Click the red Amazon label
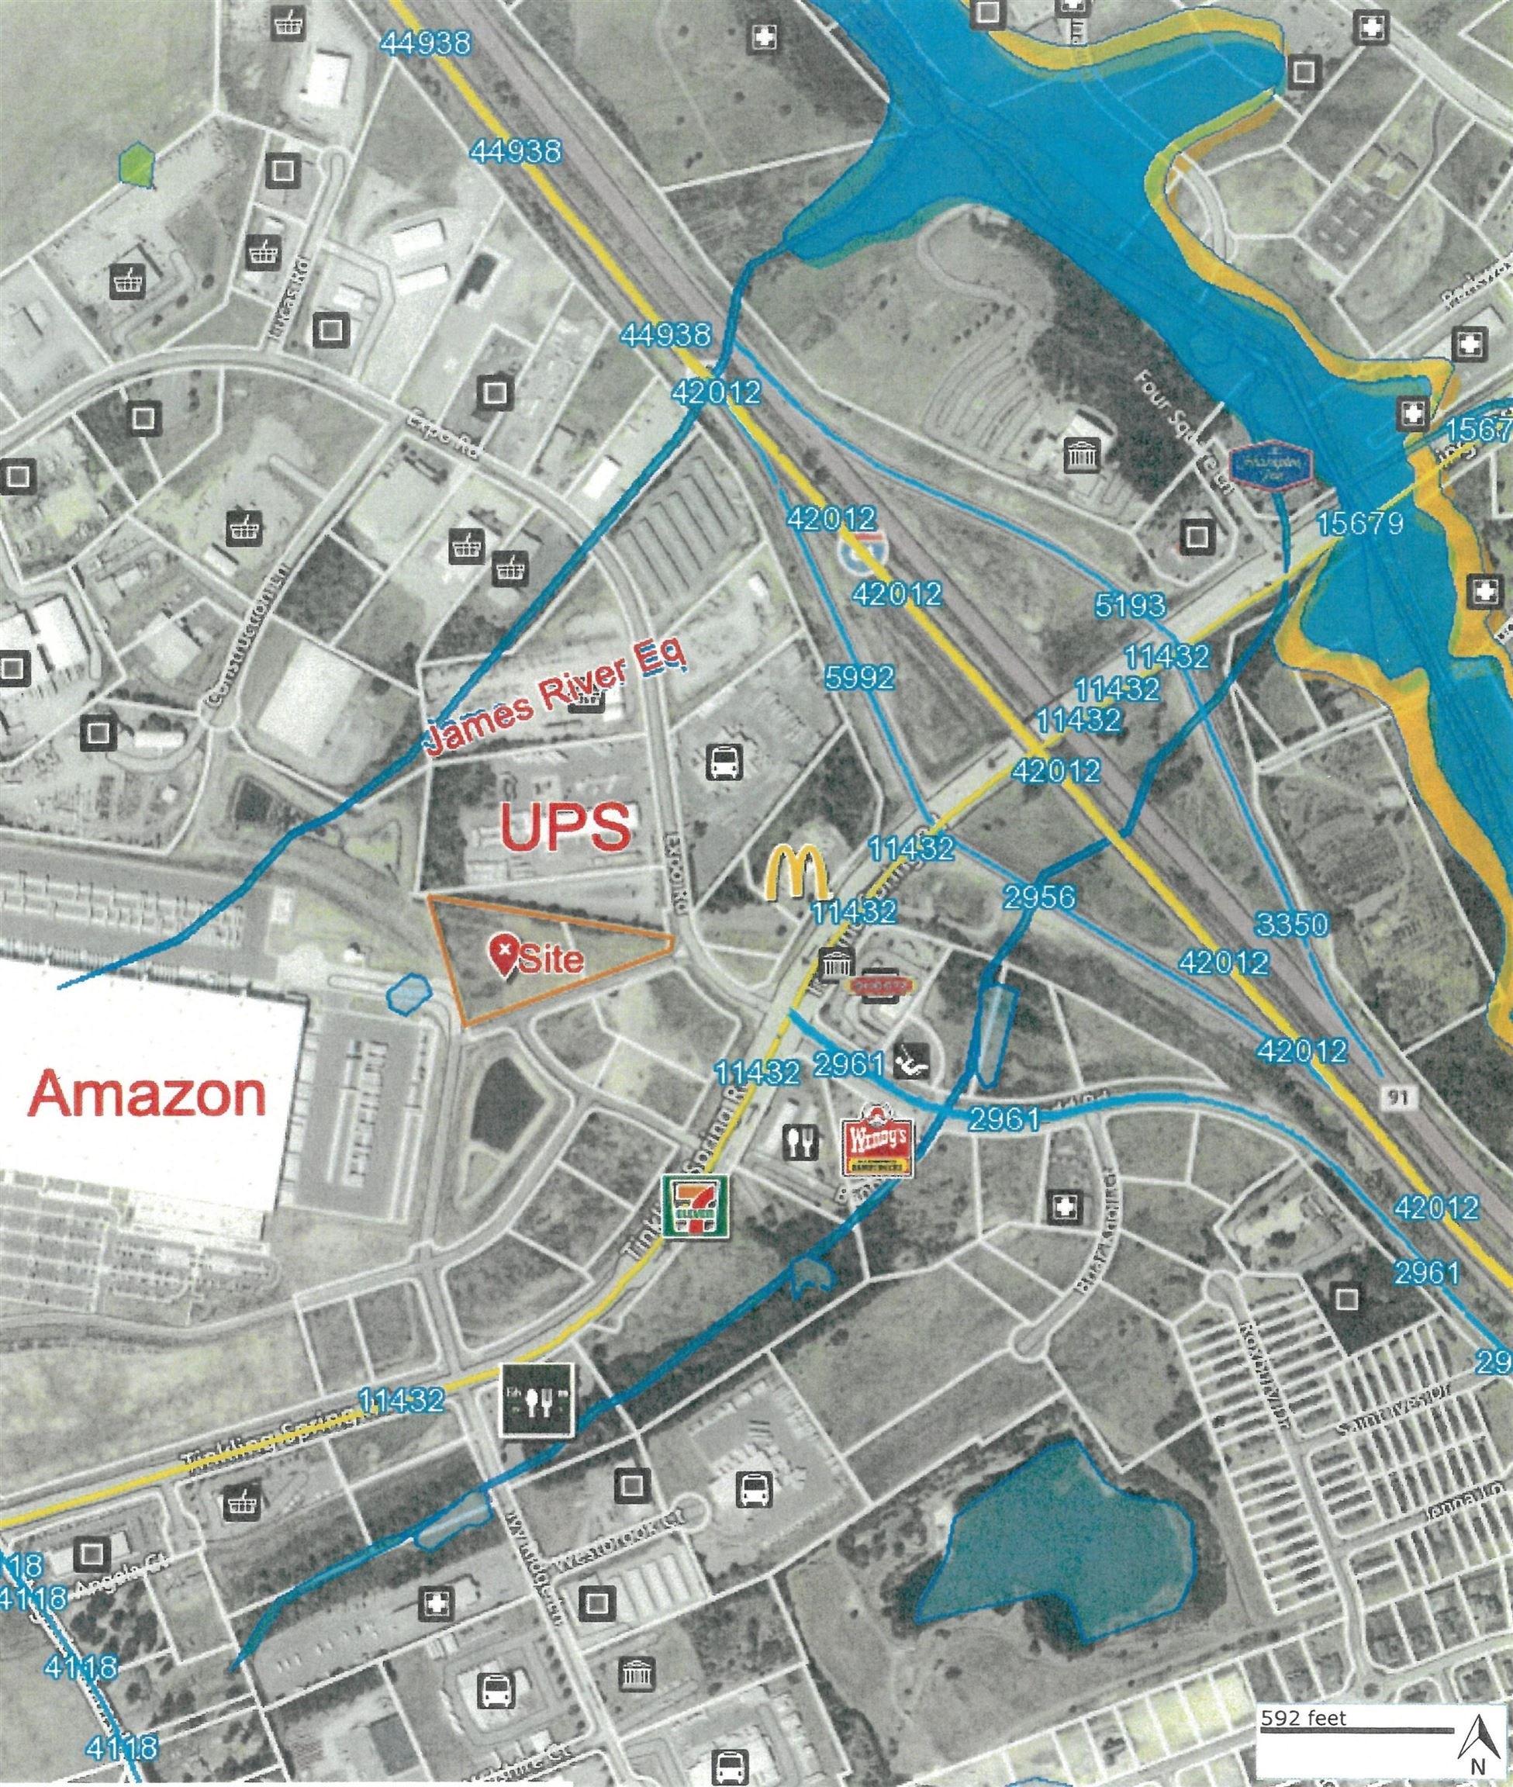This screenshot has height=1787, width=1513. pos(147,1094)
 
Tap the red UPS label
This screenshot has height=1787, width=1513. pos(565,827)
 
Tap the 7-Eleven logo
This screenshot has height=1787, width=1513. pos(696,1205)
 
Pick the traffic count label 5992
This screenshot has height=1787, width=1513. pos(859,677)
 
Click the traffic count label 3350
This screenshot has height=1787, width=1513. pos(1293,924)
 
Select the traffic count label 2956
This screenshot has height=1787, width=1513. pos(1039,897)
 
